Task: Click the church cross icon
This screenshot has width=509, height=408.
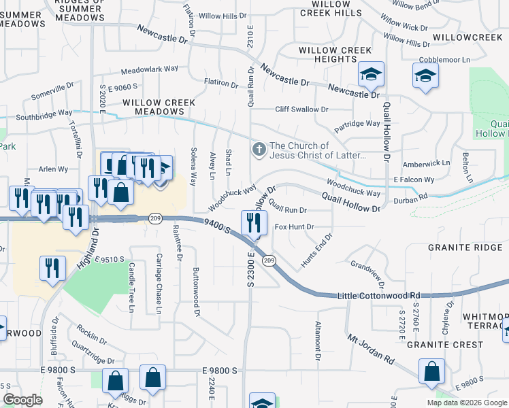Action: [259, 148]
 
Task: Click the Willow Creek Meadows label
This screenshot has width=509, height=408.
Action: [159, 107]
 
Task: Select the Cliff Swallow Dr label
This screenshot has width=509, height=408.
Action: [301, 109]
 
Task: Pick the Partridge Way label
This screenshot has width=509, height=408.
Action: [357, 124]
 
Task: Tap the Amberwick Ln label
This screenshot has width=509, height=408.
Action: [427, 163]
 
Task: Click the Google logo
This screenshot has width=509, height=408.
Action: [22, 400]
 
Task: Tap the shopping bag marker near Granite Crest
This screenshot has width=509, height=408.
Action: [431, 372]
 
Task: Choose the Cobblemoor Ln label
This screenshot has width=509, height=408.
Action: [445, 61]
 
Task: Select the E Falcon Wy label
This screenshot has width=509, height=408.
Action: [414, 180]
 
